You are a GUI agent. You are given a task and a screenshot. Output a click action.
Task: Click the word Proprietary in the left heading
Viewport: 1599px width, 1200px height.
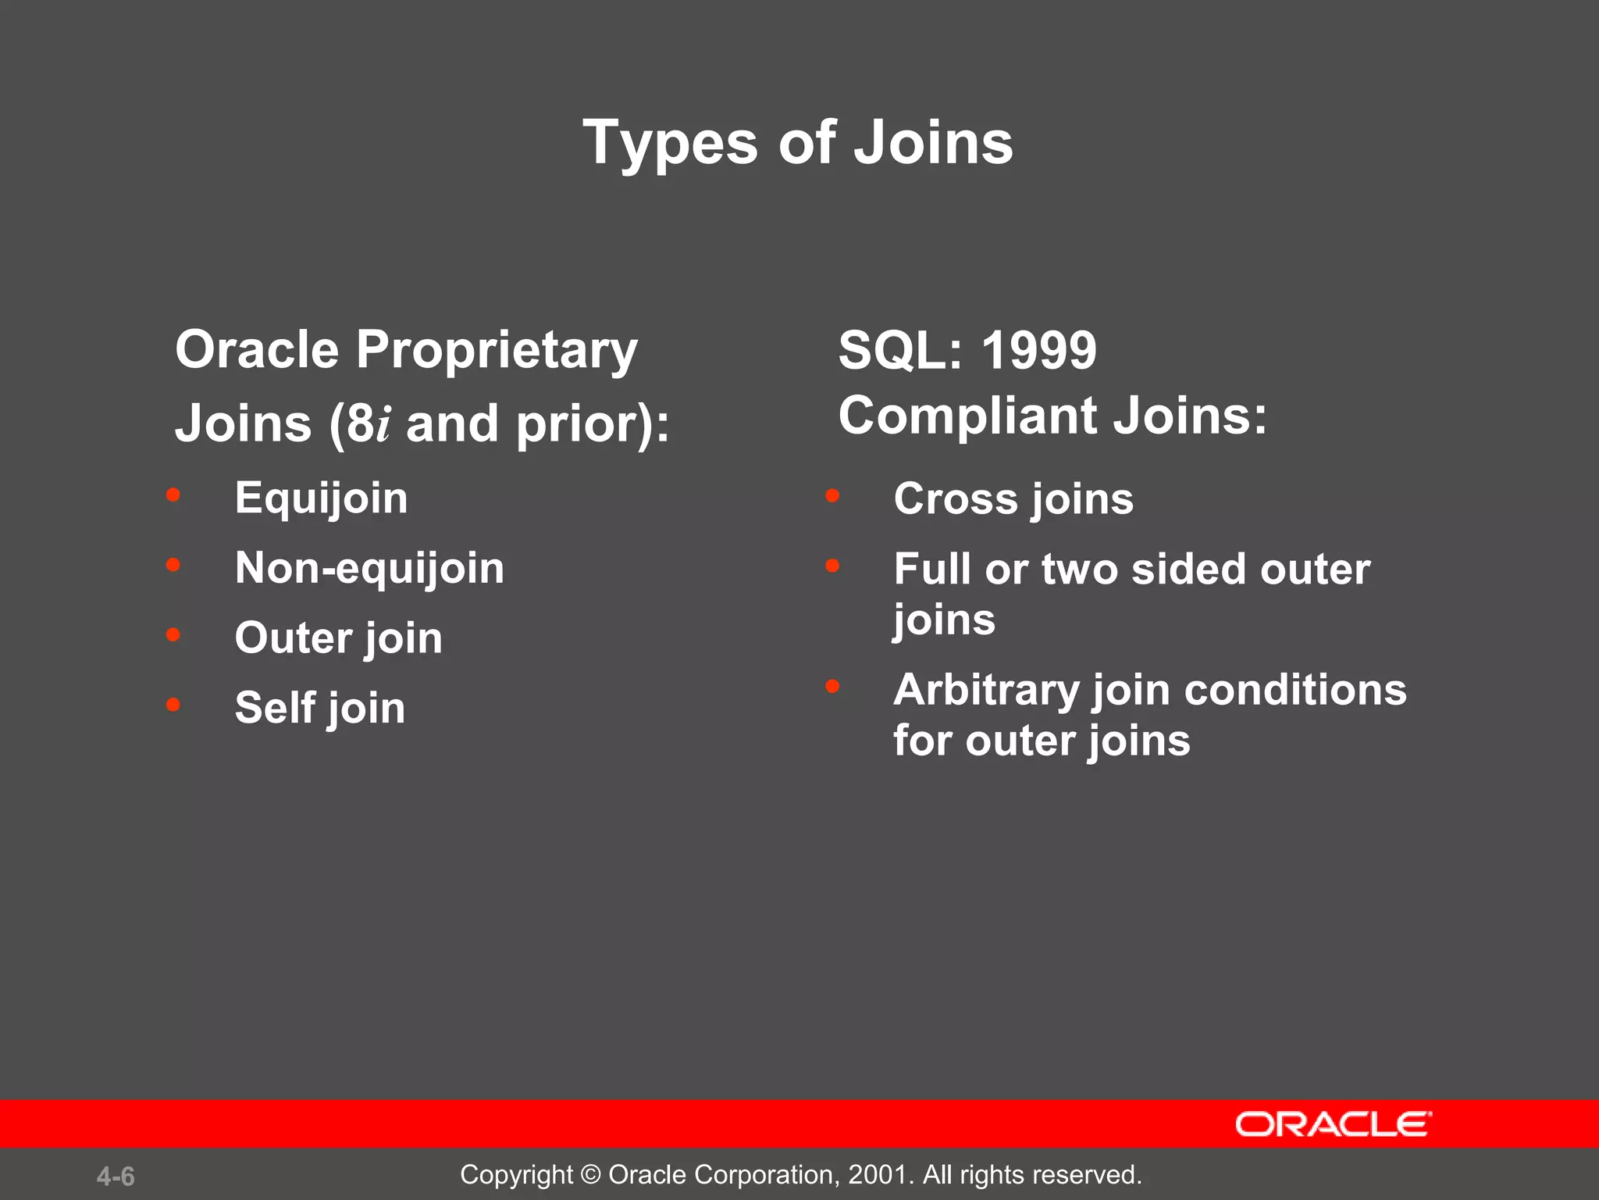497,351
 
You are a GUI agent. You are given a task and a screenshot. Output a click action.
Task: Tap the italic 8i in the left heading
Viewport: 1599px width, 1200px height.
368,424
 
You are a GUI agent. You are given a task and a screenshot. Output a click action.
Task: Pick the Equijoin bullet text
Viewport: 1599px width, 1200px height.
321,499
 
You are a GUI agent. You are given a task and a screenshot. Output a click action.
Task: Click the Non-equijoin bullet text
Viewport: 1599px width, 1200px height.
369,568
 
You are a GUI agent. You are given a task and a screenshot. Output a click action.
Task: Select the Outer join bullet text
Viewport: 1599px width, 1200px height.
338,638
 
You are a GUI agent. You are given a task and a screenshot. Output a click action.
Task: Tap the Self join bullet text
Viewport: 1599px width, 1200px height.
319,708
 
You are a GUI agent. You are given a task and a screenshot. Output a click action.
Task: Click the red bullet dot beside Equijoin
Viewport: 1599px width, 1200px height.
173,495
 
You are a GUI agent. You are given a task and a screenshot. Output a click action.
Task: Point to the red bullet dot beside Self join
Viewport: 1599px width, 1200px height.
173,705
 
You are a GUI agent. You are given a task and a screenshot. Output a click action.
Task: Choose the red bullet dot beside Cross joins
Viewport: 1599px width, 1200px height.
832,495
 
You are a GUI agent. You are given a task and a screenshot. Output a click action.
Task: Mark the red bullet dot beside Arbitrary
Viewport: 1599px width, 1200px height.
832,687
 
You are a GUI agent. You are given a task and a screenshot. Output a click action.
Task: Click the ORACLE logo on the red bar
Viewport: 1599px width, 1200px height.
1332,1124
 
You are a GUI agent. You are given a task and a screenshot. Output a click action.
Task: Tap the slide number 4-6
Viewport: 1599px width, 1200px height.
116,1177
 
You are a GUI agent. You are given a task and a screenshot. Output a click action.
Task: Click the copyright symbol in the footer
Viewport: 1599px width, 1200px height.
591,1175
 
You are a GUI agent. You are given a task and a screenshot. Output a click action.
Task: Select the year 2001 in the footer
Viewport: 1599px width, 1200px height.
877,1175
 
